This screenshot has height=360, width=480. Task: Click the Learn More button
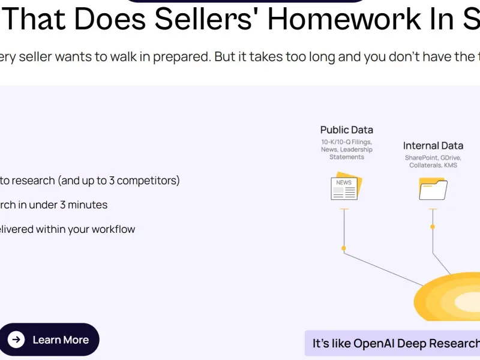[x=49, y=340]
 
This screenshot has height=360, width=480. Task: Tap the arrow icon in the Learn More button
[x=16, y=340]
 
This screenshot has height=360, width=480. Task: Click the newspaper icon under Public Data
[x=346, y=186]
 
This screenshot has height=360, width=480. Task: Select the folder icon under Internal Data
[x=433, y=188]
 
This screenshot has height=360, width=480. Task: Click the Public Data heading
[x=347, y=130]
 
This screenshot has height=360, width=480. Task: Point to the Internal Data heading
[x=433, y=146]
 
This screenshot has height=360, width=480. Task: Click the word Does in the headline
[x=110, y=19]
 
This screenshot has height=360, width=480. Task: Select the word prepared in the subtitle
[x=182, y=57]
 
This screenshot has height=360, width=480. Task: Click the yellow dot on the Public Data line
[x=344, y=248]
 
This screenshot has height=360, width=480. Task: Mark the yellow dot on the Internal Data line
[x=433, y=227]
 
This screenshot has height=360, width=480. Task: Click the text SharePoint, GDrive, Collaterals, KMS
[x=433, y=161]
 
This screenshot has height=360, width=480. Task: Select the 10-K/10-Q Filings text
[x=347, y=142]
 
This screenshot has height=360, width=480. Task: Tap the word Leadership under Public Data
[x=356, y=149]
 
